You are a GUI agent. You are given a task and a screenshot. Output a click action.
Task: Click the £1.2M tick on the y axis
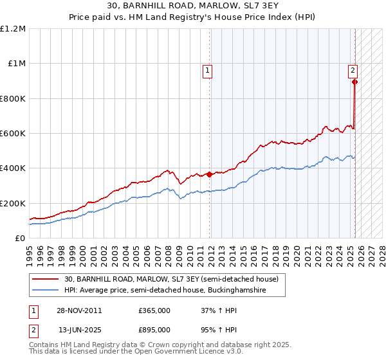(13, 29)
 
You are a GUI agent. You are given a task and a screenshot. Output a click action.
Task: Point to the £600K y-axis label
(13, 134)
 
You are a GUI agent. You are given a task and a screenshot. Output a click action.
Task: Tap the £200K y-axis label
(13, 203)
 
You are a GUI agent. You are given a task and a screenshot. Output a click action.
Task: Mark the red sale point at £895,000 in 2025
(354, 82)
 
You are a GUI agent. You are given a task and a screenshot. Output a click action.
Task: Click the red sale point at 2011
(210, 174)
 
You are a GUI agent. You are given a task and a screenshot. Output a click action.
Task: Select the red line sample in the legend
(45, 280)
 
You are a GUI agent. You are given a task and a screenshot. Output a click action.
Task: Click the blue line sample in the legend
(45, 291)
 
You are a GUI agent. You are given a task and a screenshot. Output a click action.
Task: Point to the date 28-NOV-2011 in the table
(80, 310)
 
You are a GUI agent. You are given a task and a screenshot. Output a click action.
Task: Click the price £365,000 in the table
(154, 310)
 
